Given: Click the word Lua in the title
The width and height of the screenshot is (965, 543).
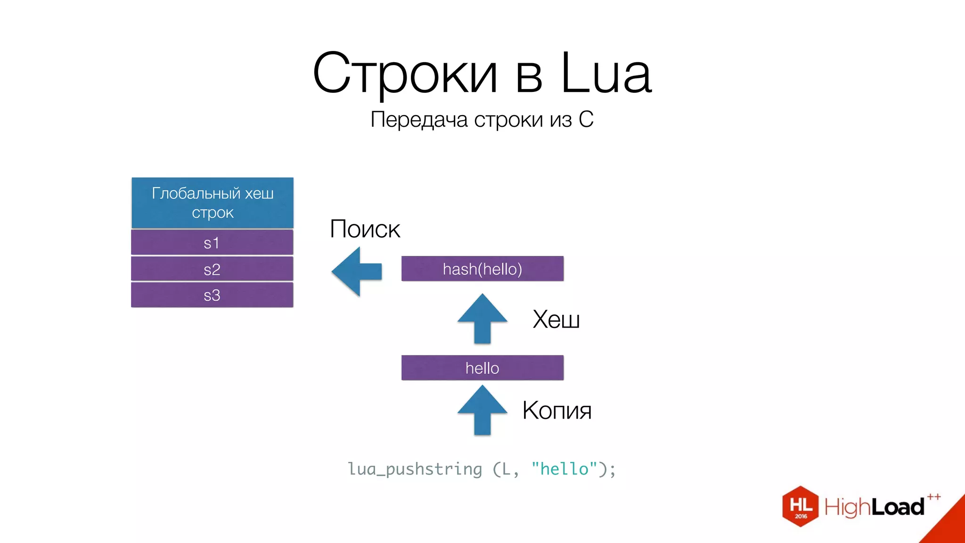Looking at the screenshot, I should (x=606, y=73).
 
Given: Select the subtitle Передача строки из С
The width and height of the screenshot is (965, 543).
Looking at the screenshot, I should (x=482, y=119).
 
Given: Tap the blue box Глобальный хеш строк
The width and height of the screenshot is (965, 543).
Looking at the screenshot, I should (x=213, y=203).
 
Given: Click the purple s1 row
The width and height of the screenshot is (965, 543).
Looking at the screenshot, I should (x=212, y=243).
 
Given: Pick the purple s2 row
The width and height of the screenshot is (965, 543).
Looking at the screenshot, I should (x=212, y=269).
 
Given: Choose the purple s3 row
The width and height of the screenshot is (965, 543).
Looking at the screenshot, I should (x=212, y=295).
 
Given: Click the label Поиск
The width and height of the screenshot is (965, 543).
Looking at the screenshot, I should (x=365, y=229).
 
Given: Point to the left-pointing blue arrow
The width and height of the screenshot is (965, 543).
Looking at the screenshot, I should (x=357, y=271).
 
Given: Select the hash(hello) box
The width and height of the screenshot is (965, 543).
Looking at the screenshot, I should (x=482, y=269).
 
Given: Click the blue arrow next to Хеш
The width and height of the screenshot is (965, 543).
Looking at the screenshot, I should (x=482, y=319).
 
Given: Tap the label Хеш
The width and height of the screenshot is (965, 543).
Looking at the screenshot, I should (x=556, y=320).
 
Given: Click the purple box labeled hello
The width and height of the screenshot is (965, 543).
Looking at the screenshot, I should (x=482, y=368).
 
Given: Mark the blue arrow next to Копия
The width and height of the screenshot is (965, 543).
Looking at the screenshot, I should (x=482, y=410).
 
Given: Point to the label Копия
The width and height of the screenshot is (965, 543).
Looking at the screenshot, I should (x=556, y=410).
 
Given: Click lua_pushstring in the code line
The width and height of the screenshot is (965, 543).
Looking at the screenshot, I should (x=415, y=469).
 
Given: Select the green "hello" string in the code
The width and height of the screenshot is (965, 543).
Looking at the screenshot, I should (x=564, y=469).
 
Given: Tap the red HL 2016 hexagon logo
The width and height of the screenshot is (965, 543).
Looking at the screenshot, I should (x=800, y=506).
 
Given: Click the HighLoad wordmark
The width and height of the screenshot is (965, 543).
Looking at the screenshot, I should (x=875, y=507).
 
